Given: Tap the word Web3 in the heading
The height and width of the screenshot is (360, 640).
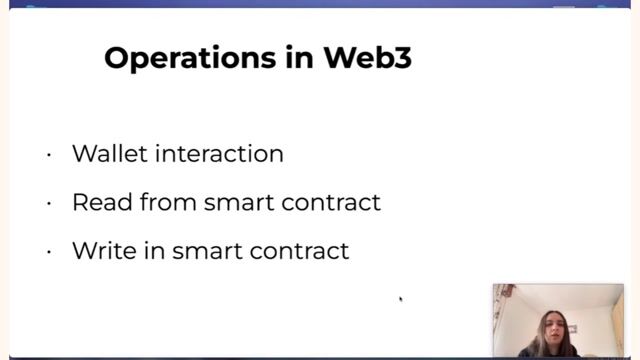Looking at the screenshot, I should [x=367, y=58].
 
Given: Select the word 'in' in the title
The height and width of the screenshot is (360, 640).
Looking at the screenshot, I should [x=295, y=58].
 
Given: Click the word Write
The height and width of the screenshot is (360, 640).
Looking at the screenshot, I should [x=99, y=250].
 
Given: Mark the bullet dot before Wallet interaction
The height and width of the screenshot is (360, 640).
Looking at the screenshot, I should [x=48, y=155].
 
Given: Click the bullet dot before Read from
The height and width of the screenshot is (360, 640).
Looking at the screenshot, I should [x=48, y=203].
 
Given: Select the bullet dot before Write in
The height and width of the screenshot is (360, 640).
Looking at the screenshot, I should [x=48, y=251].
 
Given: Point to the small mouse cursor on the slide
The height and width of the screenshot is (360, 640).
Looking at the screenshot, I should [x=400, y=298].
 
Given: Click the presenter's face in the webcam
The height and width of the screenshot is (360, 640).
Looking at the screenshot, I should [x=549, y=325].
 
